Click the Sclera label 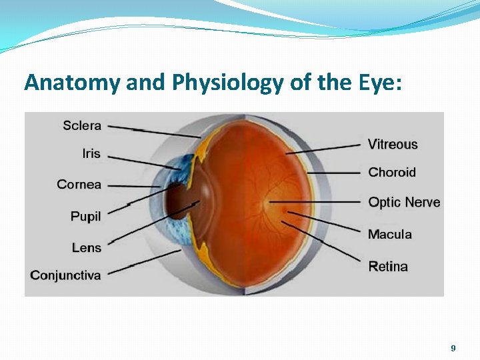[x=82, y=125]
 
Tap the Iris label [x=91, y=153]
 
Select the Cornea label [x=79, y=185]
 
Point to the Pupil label [x=86, y=216]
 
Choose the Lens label [x=87, y=247]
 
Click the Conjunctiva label [x=65, y=275]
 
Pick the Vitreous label [x=393, y=144]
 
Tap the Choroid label [x=392, y=172]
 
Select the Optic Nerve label [x=404, y=202]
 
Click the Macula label [x=390, y=234]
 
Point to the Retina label [x=388, y=267]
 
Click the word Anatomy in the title [x=63, y=82]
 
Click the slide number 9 [x=453, y=348]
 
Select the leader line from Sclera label [x=153, y=131]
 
